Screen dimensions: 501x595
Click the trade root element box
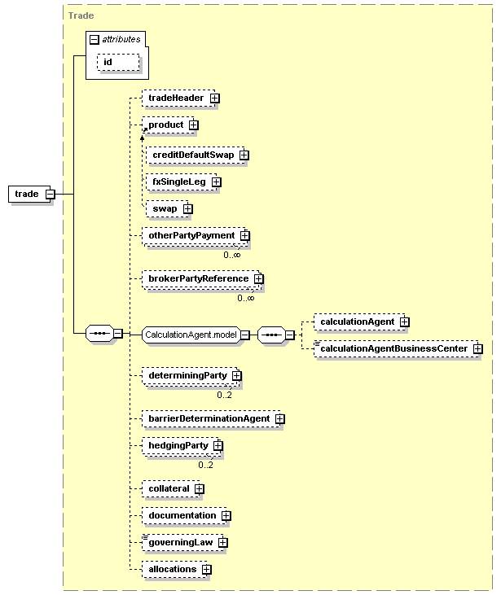[29, 194]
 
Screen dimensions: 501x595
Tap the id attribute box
[118, 62]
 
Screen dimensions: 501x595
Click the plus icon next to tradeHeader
[214, 98]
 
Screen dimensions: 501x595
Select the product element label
[166, 125]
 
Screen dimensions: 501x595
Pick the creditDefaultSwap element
[196, 155]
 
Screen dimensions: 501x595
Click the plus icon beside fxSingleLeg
[216, 182]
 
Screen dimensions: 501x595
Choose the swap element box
[167, 208]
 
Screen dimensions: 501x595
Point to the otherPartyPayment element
[196, 236]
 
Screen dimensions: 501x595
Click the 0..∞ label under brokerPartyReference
[246, 298]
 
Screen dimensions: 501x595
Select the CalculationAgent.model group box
[191, 335]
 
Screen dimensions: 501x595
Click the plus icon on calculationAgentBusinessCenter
[478, 348]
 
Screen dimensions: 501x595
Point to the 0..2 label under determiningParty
[225, 395]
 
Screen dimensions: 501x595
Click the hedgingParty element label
[178, 445]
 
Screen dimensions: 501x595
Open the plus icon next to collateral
[200, 488]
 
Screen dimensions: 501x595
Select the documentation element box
[185, 515]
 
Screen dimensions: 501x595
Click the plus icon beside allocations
[207, 569]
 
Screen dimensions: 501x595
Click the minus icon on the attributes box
[94, 39]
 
